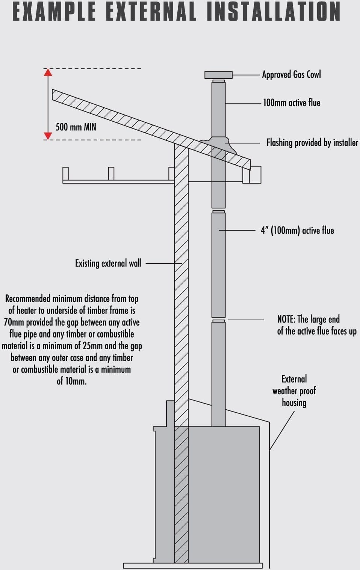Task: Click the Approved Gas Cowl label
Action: (x=291, y=74)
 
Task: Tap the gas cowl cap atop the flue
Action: (x=218, y=75)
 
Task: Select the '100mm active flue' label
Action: (x=292, y=103)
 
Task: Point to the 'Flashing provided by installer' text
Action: (x=312, y=143)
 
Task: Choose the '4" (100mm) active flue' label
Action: (x=297, y=230)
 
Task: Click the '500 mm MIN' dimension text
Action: (x=76, y=127)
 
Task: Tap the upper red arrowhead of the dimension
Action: (x=48, y=72)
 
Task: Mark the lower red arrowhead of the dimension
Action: (x=48, y=136)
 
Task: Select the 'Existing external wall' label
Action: (x=108, y=263)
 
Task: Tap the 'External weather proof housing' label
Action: (x=294, y=391)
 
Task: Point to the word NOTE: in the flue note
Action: (x=286, y=319)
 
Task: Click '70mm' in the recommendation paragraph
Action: (x=14, y=322)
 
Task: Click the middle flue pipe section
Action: (x=218, y=265)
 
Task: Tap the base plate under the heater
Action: (x=193, y=565)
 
